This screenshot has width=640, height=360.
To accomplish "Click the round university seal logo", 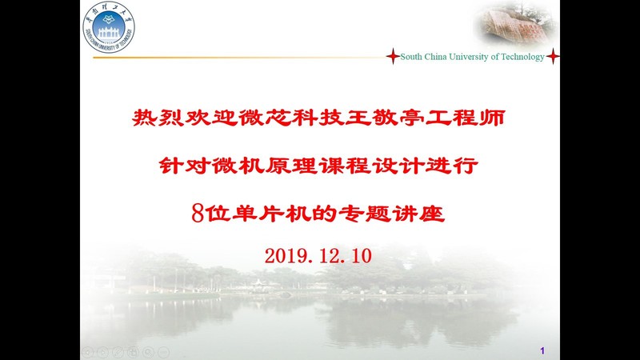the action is coord(109,27).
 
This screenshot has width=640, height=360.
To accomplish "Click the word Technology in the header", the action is coord(522,57).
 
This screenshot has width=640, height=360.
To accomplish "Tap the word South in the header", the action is coord(411,57).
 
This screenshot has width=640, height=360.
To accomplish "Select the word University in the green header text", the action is coord(468,57).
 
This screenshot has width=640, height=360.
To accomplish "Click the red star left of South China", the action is coord(393,56).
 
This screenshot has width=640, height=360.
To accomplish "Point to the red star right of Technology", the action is coord(553,56).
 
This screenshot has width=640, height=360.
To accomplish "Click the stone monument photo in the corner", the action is coord(516,22).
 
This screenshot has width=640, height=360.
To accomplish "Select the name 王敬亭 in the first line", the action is coord(385,118).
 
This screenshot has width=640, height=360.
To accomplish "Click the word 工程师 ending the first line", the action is coord(466,118).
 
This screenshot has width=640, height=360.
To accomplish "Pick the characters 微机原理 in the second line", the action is coord(265,166).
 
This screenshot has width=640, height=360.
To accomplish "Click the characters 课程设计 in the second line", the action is coord(371,166).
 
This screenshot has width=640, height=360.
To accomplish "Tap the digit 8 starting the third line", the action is coord(198,214).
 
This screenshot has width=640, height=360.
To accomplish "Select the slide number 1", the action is coord(542,350).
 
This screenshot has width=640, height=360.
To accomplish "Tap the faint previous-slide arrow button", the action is coord(87,352).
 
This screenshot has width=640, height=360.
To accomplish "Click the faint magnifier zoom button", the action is coord(148,352).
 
